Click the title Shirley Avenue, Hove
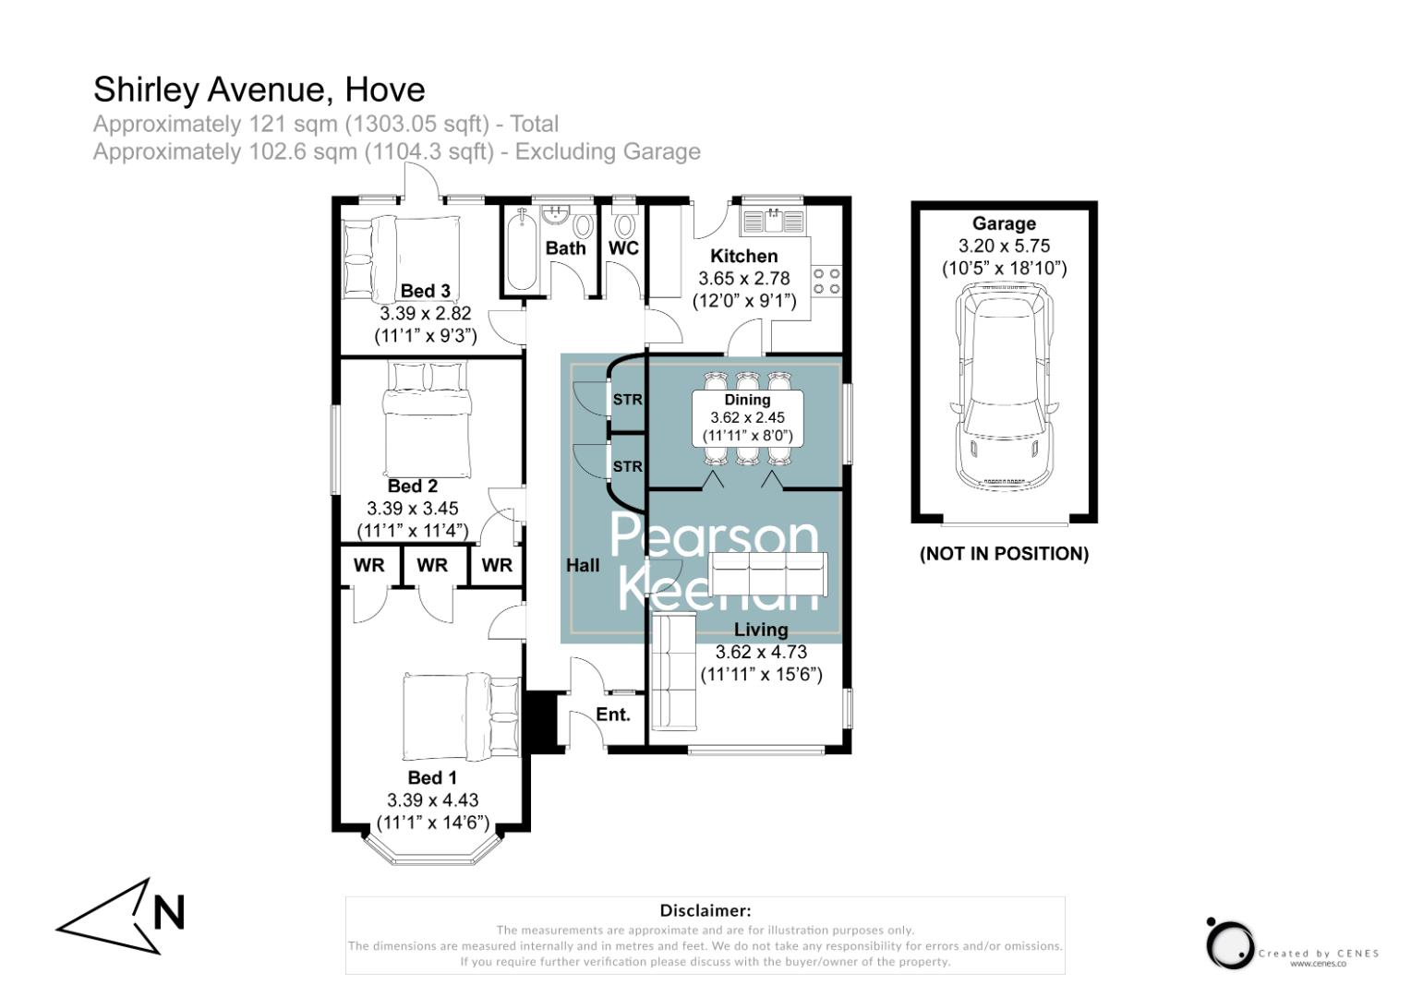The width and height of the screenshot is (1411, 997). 259,90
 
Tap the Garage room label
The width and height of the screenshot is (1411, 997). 1004,223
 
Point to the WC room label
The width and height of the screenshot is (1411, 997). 623,247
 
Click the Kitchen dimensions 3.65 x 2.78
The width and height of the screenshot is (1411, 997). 743,278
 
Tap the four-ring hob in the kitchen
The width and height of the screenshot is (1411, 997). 826,281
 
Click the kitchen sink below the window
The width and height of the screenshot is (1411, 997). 772,221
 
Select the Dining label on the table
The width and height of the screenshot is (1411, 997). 747,400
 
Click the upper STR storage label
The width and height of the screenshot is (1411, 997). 627,400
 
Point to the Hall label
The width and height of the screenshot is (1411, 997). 583,565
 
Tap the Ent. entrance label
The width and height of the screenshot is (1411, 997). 613,715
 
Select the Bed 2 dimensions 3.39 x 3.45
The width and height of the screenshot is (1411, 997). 412,509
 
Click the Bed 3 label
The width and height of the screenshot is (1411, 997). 425,291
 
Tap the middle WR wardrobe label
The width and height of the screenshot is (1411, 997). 431,565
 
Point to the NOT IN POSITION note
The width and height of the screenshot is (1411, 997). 1004,554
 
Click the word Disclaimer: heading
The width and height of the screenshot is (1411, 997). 705,911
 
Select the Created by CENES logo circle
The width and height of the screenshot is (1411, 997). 1230,944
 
